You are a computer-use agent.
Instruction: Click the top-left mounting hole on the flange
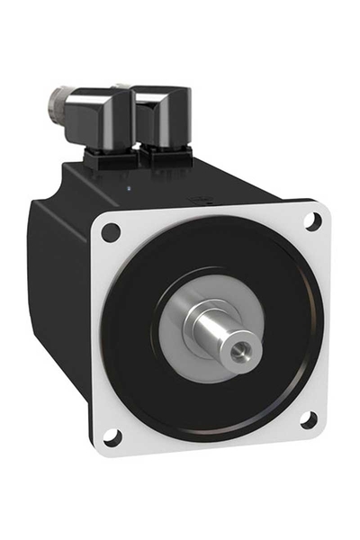point(111,231)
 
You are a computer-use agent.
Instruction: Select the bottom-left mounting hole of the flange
point(112,437)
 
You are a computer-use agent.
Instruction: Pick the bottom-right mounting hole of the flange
point(308,419)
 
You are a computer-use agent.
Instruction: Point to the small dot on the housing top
point(130,188)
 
